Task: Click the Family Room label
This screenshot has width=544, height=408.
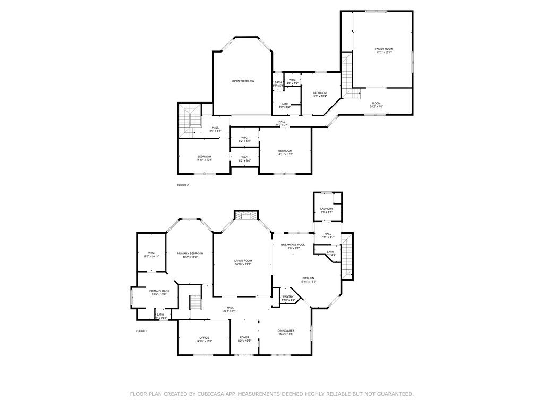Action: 384,49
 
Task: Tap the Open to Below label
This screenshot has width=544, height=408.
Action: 243,81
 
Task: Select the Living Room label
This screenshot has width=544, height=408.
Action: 243,261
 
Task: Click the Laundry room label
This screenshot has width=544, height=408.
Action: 327,209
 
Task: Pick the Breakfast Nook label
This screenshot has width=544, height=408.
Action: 293,244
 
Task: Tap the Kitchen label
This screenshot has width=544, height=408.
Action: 309,278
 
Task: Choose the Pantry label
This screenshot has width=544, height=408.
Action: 288,297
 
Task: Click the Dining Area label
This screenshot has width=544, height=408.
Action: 286,330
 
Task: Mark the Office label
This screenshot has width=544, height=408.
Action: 205,338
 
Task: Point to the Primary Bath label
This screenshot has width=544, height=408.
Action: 159,291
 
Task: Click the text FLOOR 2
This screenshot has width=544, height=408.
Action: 183,185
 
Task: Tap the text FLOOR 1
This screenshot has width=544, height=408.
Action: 142,330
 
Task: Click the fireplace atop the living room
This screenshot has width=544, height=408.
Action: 245,216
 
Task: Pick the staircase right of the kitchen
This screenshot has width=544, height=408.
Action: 346,257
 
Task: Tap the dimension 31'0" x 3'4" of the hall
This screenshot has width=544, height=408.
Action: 282,125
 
